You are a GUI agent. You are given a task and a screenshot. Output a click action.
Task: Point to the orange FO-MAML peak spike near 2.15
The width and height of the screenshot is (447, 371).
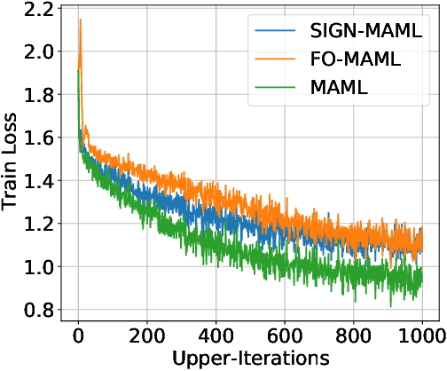(81, 20)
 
